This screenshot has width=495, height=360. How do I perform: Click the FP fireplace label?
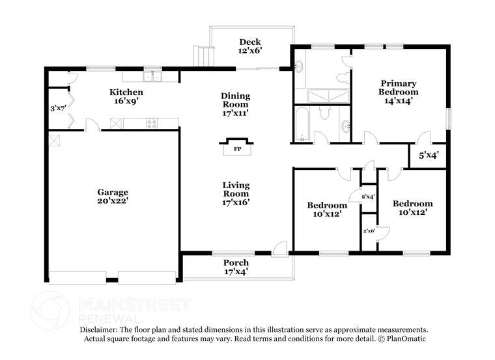point(235,149)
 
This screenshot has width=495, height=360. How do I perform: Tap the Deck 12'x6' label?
point(250,46)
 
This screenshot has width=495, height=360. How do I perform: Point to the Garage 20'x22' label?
point(113,196)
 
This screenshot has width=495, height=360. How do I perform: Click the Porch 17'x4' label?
point(236,267)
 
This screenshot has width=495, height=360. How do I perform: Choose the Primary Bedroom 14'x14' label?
point(399,87)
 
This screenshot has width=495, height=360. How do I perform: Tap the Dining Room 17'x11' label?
point(236,104)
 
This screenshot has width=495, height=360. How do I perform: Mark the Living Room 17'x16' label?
point(236,193)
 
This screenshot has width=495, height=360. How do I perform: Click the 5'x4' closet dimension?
point(428,155)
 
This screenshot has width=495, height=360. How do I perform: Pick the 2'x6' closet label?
point(369,230)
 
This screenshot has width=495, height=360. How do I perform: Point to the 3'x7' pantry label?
point(59,108)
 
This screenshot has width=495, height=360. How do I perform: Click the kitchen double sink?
point(153,77)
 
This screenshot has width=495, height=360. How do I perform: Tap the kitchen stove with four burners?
point(152,122)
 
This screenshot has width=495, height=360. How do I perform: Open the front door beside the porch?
point(279,247)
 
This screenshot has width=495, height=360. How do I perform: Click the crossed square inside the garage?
point(54,139)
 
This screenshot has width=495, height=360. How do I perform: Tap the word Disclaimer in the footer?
point(101,330)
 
